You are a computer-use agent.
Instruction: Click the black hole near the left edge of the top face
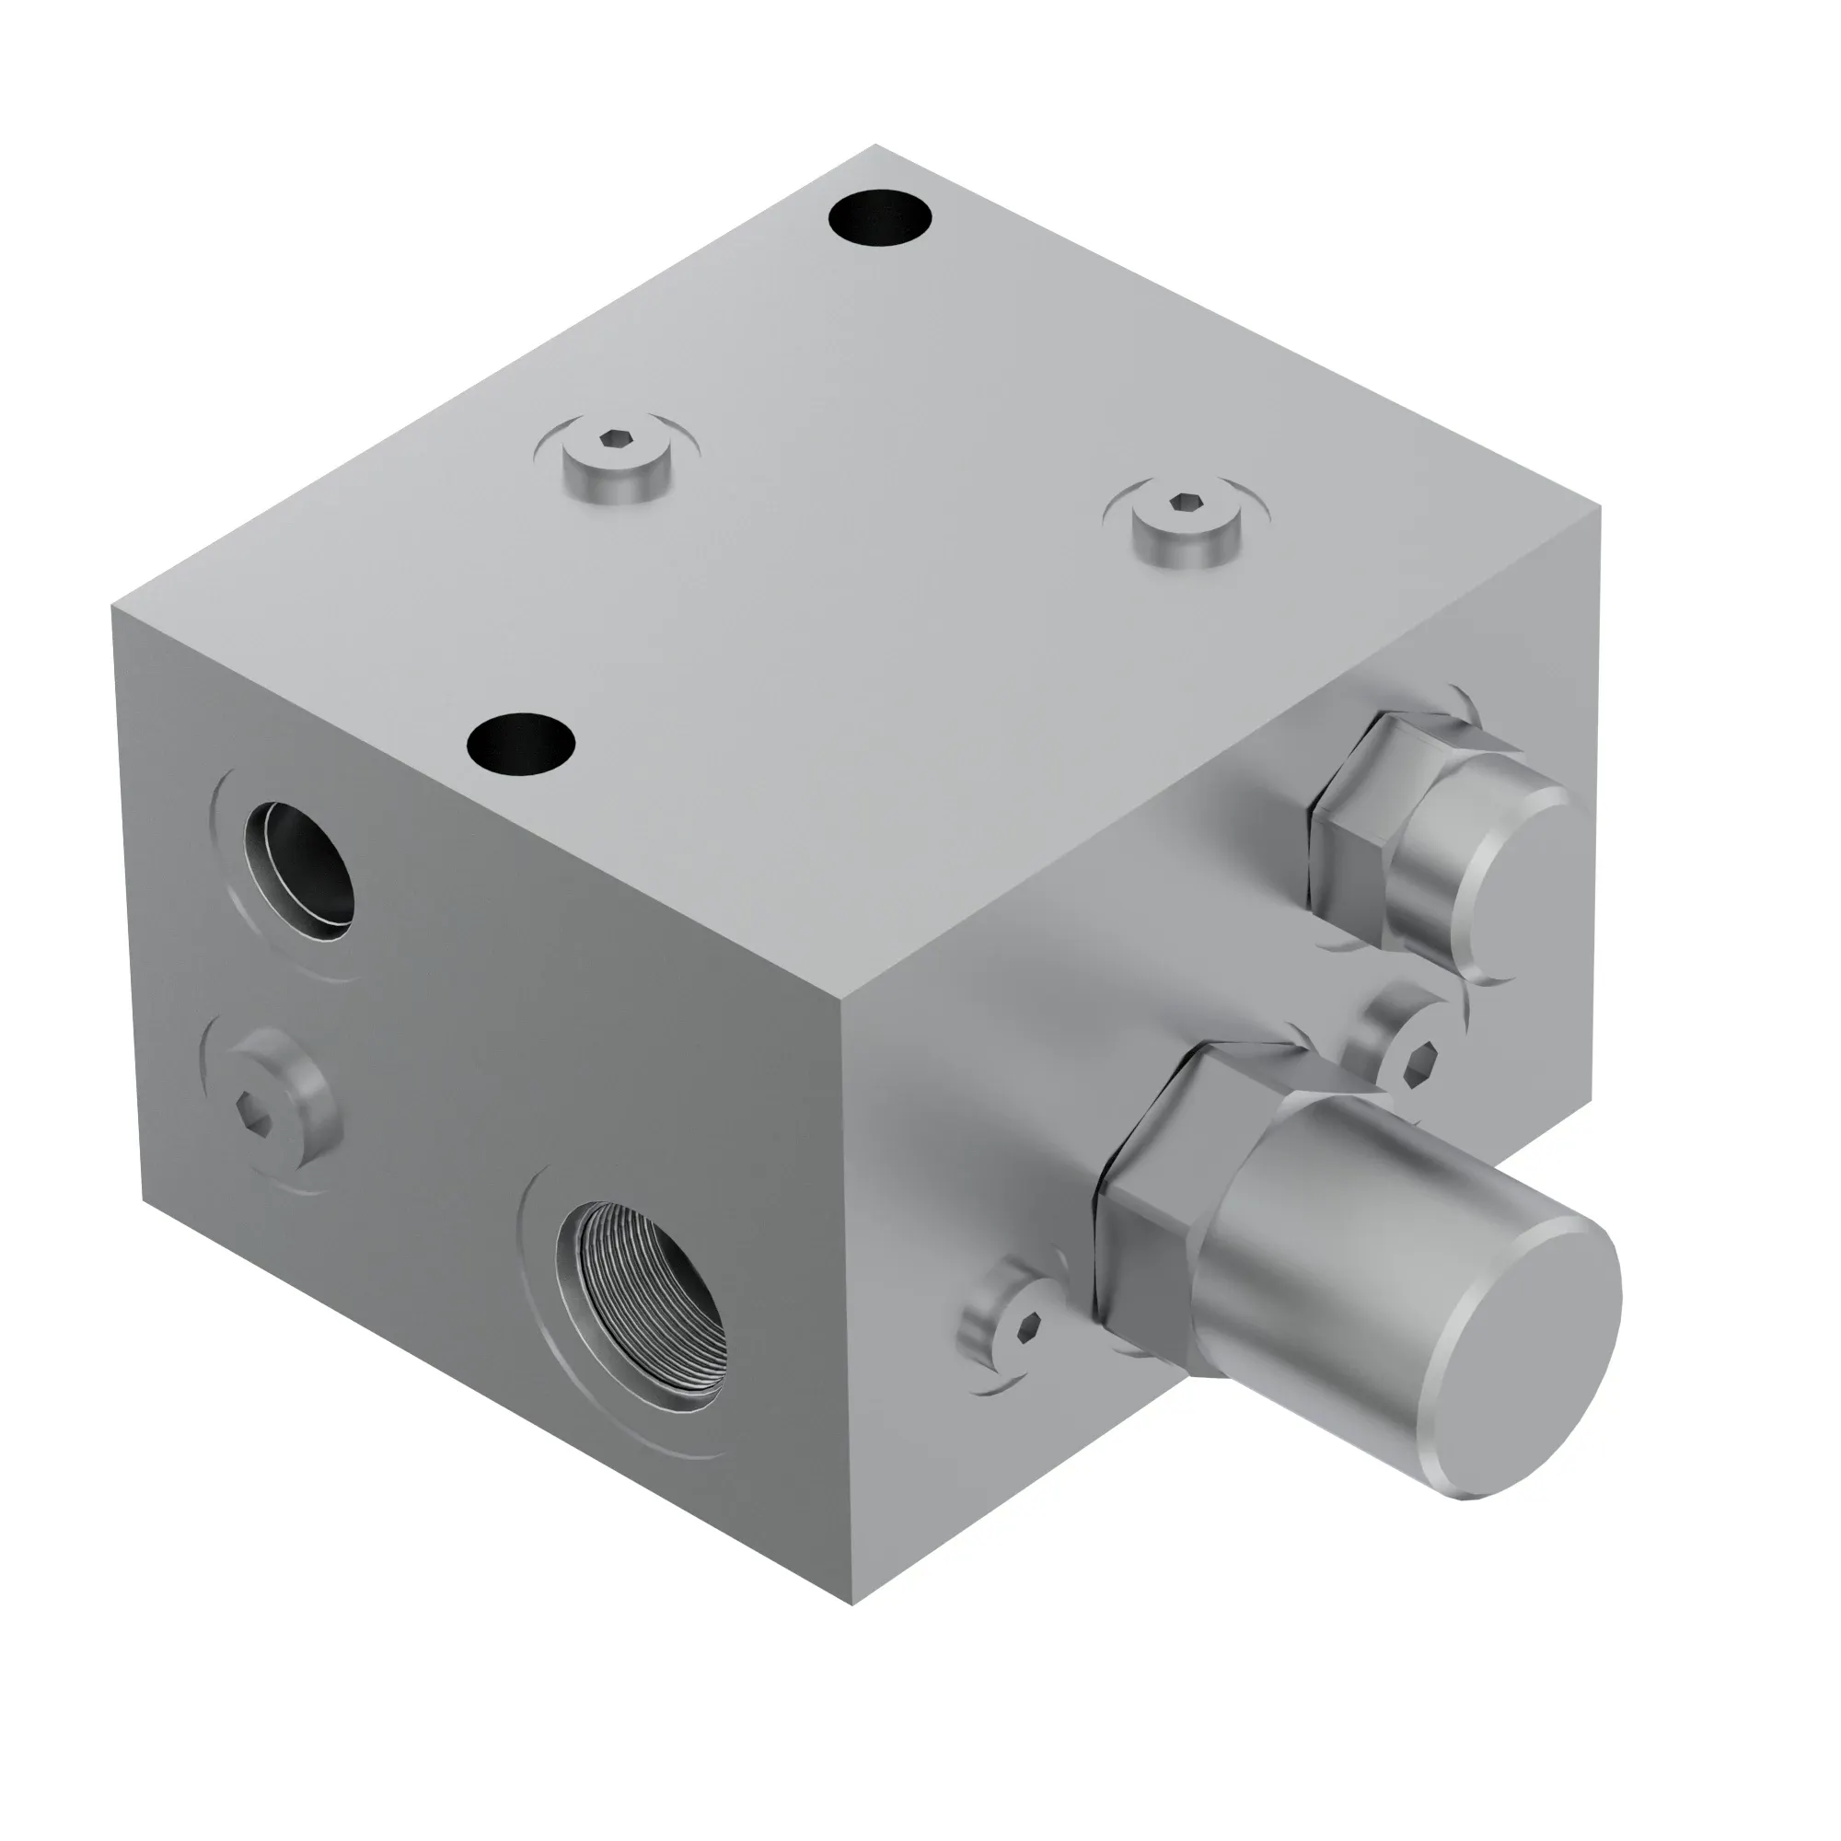(x=521, y=742)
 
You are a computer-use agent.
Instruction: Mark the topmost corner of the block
(x=874, y=145)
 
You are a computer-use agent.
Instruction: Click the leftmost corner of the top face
(x=113, y=604)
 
